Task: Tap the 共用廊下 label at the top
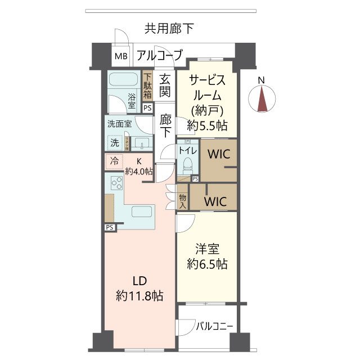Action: pos(169,28)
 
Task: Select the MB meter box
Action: pos(121,56)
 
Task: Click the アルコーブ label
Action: pos(159,55)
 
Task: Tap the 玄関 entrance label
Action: pos(165,85)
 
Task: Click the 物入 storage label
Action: pos(183,201)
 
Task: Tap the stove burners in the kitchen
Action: pos(118,183)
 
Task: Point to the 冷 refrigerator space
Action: pos(114,161)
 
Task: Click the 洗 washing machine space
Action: pos(114,142)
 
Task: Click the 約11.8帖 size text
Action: pos(139,295)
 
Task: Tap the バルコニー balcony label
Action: pos(214,326)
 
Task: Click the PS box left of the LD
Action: pos(109,227)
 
